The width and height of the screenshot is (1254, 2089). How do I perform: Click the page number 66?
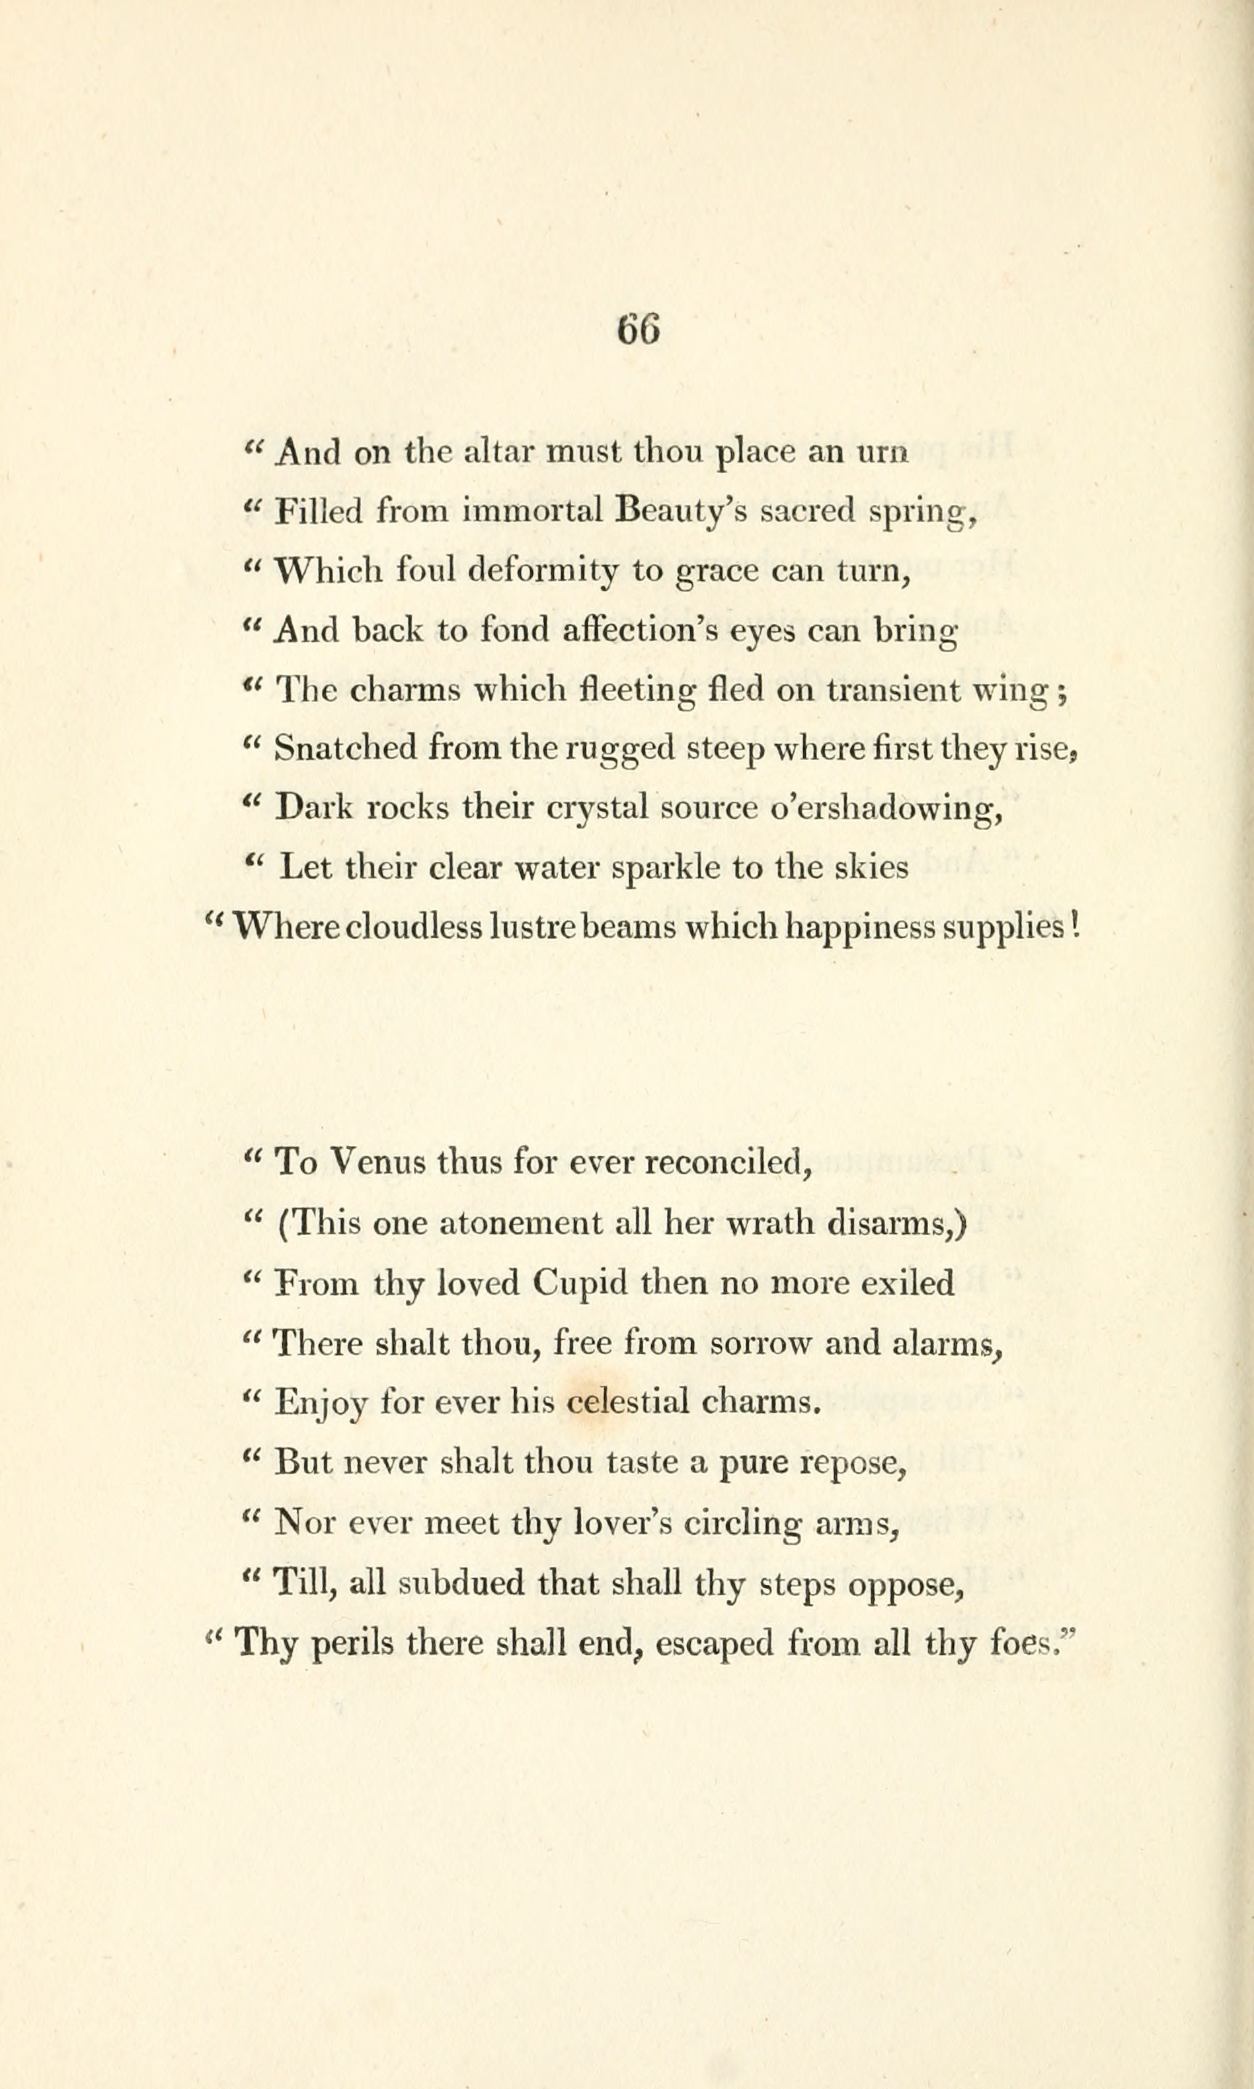[x=638, y=328]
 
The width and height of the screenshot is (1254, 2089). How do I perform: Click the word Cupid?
[x=580, y=1284]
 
